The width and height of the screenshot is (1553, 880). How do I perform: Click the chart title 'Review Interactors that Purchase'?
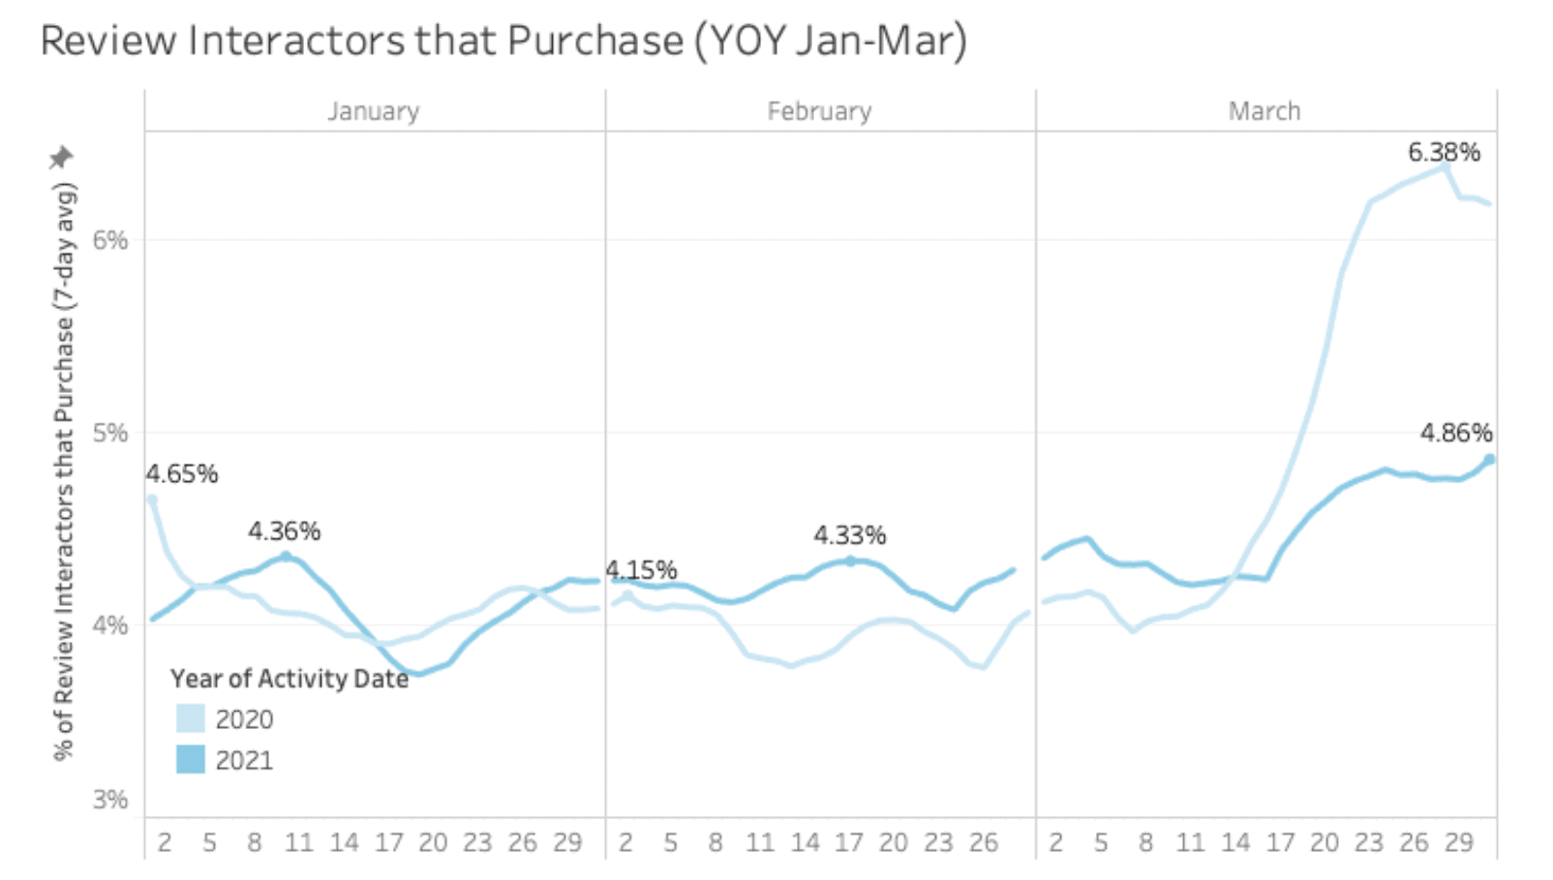pos(503,42)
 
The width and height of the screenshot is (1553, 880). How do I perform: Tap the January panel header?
pos(374,111)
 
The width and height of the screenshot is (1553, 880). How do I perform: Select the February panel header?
pos(819,111)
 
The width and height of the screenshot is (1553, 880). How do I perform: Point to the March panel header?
pos(1264,111)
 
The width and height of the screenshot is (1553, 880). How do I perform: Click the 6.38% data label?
pos(1444,152)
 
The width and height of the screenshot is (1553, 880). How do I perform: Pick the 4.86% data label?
pos(1456,433)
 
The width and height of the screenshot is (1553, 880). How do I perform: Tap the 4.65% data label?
pos(182,474)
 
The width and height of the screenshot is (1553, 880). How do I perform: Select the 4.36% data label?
pos(284,531)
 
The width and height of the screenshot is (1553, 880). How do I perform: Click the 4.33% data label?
pos(849,535)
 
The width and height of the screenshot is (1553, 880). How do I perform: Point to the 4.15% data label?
pos(641,570)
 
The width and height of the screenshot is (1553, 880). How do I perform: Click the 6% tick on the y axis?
pos(110,240)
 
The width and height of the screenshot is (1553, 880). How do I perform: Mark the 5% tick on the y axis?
pos(110,433)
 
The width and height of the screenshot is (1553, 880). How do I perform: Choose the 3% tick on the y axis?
pos(110,800)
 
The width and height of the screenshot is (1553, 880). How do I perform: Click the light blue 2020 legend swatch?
pos(191,718)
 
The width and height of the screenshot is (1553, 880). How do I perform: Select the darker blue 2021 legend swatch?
pos(191,760)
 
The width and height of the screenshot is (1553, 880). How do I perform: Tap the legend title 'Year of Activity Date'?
pos(289,679)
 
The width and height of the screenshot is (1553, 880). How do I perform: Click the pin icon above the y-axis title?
pos(62,157)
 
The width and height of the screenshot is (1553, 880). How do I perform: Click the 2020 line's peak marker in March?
pos(1445,167)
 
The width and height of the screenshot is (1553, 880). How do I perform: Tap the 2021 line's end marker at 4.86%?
pos(1489,460)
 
